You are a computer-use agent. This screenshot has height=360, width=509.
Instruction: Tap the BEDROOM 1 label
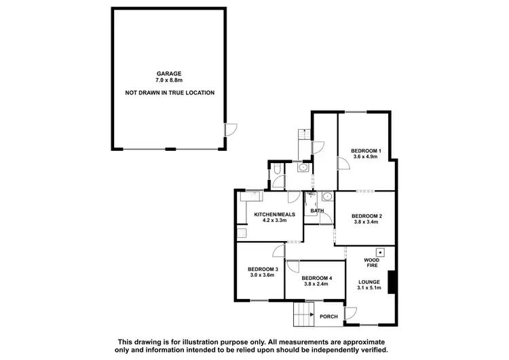click(366, 150)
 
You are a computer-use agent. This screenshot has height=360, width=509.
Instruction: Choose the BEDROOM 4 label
click(316, 277)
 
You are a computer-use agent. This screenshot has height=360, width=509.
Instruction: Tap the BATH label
click(317, 211)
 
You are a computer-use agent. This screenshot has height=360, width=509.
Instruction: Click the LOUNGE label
click(369, 281)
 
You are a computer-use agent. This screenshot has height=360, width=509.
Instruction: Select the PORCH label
click(329, 315)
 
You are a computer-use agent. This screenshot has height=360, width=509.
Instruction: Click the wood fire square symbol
click(381, 252)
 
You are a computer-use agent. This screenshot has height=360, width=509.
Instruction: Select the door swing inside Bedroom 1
click(341, 163)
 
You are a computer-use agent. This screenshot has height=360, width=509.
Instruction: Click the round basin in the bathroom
click(327, 198)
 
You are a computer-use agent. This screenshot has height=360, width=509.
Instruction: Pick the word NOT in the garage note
click(132, 92)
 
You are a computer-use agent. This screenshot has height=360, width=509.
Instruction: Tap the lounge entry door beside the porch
click(350, 313)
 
